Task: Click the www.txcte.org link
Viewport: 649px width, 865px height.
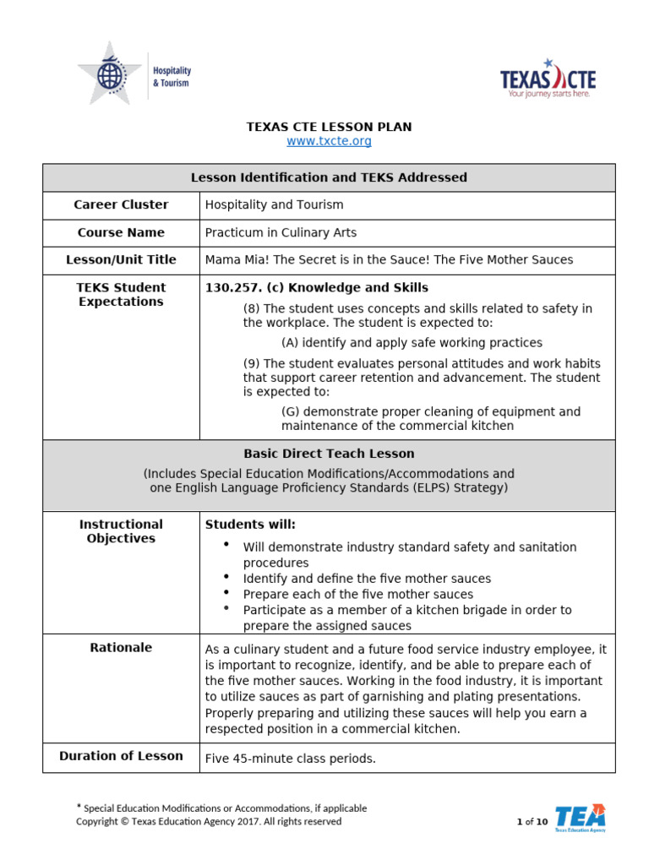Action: point(329,141)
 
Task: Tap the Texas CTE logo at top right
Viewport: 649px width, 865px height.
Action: point(548,79)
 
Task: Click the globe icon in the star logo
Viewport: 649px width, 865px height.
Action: point(109,75)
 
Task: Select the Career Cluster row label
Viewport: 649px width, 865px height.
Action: point(121,204)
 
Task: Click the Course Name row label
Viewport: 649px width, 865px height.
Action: point(121,232)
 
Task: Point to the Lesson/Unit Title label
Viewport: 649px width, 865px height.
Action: point(121,260)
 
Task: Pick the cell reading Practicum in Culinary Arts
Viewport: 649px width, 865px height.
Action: point(281,232)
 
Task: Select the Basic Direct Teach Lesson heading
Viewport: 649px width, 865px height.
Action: point(329,454)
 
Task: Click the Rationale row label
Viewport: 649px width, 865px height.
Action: point(121,648)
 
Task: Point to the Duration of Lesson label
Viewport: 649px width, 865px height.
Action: point(121,756)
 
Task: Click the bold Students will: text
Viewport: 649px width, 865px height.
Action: point(250,525)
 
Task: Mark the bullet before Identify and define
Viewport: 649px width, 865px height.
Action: point(226,576)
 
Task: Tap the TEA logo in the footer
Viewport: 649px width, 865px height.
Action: point(581,818)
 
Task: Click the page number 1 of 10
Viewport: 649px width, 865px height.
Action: point(532,821)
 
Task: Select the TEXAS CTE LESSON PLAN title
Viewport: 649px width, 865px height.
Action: point(329,127)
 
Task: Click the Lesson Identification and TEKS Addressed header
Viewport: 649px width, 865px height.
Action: point(329,177)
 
